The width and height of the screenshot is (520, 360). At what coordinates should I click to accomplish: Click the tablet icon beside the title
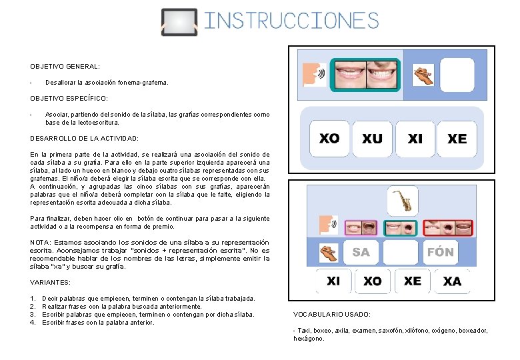[x=179, y=22]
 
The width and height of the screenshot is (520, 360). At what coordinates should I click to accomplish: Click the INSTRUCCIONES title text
[x=291, y=20]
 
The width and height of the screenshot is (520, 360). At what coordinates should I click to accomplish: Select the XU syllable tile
[x=372, y=139]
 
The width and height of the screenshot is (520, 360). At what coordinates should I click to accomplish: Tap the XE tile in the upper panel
[x=457, y=139]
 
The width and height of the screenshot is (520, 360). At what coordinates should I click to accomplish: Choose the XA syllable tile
[x=452, y=281]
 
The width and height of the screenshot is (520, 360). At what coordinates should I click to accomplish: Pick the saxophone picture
[x=403, y=201]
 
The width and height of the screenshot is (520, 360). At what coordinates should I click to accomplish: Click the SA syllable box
[x=361, y=252]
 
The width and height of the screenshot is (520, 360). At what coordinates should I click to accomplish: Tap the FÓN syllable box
[x=441, y=252]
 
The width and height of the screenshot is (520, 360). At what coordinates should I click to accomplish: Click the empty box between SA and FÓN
[x=401, y=252]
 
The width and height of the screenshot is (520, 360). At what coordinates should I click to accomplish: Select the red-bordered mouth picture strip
[x=448, y=228]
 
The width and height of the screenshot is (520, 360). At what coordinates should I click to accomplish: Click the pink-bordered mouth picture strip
[x=361, y=228]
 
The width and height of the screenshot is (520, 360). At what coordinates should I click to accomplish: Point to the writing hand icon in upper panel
[x=423, y=75]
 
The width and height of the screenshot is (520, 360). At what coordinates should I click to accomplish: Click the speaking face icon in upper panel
[x=315, y=75]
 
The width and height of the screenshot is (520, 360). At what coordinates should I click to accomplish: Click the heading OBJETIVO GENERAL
[x=65, y=67]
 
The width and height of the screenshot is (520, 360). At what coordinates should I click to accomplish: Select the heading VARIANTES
[x=51, y=283]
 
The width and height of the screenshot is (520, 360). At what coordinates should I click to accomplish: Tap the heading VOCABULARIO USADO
[x=332, y=314]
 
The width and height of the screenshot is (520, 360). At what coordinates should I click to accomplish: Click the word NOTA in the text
[x=41, y=243]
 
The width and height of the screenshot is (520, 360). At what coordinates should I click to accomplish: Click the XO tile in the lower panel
[x=373, y=281]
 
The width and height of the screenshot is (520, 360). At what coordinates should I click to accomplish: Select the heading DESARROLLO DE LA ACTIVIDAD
[x=84, y=139]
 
